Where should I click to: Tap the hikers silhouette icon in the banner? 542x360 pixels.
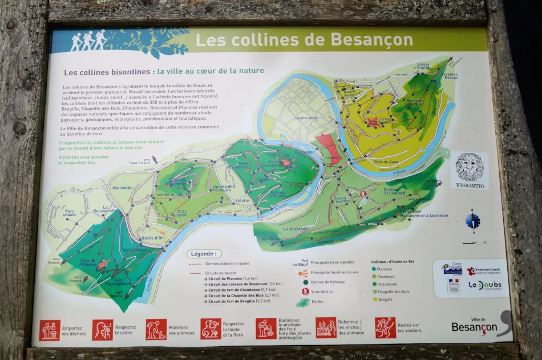coord(88,41)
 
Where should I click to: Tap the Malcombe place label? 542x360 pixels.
coord(122,188)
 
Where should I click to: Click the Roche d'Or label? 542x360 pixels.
coord(152,238)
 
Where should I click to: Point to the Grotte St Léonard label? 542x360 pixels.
coord(394,192)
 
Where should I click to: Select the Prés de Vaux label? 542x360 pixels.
coord(386,161)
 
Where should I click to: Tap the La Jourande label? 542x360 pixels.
coord(294,229)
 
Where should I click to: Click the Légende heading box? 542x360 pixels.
coord(203,254)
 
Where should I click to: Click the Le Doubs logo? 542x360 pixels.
coord(484,285)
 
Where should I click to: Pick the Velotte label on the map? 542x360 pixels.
coord(242,201)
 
